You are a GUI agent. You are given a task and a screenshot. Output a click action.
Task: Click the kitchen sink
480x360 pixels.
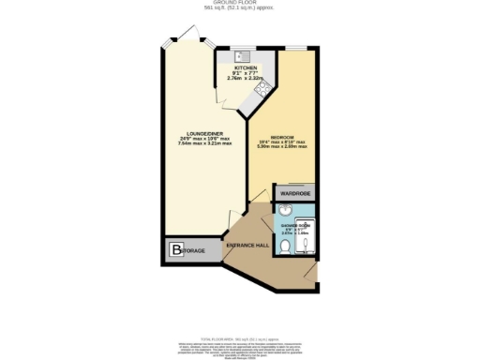pos(238,55)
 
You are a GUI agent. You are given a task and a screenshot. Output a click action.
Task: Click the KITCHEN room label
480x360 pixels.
pos(246,68)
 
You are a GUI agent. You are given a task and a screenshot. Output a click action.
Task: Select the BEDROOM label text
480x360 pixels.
pos(282,137)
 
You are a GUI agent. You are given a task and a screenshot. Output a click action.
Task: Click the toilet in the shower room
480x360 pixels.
pos(284,247)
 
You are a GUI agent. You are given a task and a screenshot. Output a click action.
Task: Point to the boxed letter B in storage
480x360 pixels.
pos(176,249)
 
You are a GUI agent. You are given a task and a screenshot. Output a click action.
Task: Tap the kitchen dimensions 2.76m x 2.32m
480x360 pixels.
pos(245,80)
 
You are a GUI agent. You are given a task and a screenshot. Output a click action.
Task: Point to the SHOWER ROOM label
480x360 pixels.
pos(296,224)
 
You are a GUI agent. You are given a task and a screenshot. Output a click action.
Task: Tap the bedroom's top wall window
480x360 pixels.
pos(296,46)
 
